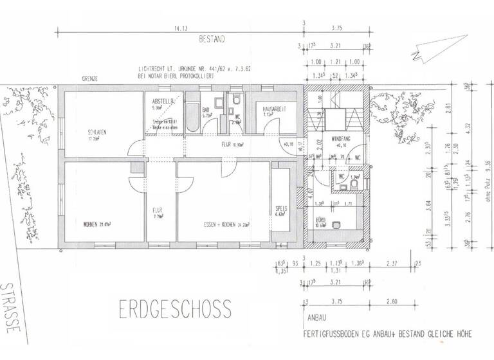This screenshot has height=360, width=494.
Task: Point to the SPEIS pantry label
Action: (280, 210)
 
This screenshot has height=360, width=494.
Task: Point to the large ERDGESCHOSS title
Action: (175, 309)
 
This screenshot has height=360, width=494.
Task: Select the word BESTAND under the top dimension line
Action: (212, 39)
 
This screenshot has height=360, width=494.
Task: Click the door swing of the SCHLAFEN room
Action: (136, 149)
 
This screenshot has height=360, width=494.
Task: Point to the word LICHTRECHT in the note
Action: (153, 67)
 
